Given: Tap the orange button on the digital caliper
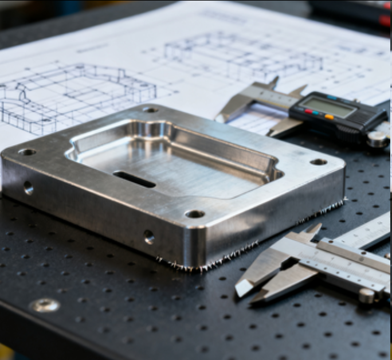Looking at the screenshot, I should [x=329, y=118].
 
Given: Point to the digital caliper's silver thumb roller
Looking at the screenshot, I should [x=377, y=139].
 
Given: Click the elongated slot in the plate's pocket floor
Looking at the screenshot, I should [x=134, y=179].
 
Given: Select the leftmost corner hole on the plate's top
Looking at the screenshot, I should [x=26, y=152].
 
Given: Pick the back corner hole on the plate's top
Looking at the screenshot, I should [x=150, y=109].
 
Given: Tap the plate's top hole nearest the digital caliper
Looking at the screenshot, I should [x=318, y=162].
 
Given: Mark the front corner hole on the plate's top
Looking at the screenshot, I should [x=195, y=214].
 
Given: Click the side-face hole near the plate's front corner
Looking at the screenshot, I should [x=149, y=236].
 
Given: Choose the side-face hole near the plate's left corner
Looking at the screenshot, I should [x=28, y=187].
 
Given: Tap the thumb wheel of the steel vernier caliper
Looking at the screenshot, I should [x=366, y=296].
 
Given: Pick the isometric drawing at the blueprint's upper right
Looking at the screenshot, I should [x=241, y=54].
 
